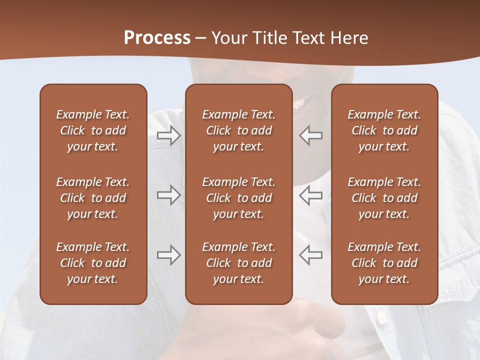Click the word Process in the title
pos(157,38)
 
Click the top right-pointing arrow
pos(168,135)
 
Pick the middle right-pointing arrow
pos(168,195)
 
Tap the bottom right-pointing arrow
pos(168,255)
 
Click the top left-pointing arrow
pos(311,135)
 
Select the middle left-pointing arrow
pos(311,195)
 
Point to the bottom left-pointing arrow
pos(311,255)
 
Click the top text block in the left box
pos(93,130)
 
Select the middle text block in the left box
pos(93,198)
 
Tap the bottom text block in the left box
pos(93,263)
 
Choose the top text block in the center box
pos(238,130)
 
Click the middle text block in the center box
pos(238,198)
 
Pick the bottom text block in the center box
pos(238,263)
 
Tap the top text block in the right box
pos(384,130)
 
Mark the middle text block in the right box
pos(384,198)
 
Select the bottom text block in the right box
pos(384,263)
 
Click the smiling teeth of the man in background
pos(300,104)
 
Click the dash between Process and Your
pos(201,39)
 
